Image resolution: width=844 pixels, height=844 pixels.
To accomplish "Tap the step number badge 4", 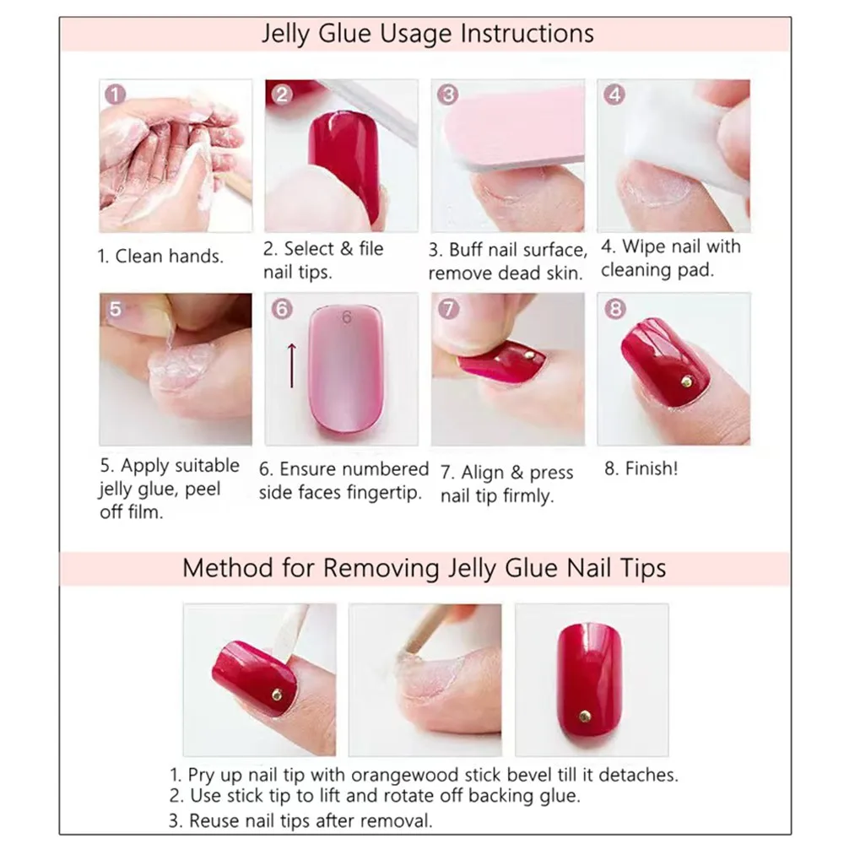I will pyautogui.click(x=614, y=95).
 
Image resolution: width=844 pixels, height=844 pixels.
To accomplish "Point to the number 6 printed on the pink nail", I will pyautogui.click(x=347, y=318).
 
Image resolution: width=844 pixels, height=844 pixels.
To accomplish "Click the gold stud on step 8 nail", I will pyautogui.click(x=687, y=382).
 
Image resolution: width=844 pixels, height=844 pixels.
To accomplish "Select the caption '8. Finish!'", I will pyautogui.click(x=641, y=469).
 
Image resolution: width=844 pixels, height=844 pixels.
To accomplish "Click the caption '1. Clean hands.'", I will pyautogui.click(x=161, y=256).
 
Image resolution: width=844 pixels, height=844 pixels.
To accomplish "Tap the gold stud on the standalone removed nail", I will pyautogui.click(x=584, y=716).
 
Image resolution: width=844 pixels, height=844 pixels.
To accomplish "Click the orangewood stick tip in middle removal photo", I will pyautogui.click(x=411, y=647).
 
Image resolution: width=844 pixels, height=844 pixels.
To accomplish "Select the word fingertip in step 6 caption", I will pyautogui.click(x=384, y=493).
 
